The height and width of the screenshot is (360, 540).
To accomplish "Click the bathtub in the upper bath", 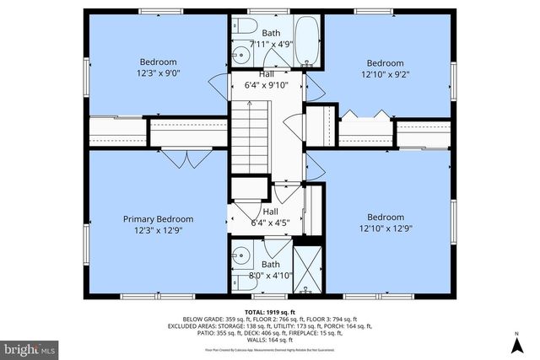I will tap(306, 42).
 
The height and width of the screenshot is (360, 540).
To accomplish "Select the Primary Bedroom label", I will tap(158, 218).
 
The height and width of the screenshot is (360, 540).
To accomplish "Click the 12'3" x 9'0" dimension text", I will tap(158, 73).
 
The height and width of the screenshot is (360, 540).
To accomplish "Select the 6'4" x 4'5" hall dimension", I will tap(271, 223).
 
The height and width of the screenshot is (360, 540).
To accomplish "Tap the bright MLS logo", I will tap(30, 347).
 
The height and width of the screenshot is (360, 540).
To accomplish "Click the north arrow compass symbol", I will tap(516, 343).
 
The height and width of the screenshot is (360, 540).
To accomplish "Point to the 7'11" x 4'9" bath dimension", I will tap(271, 44).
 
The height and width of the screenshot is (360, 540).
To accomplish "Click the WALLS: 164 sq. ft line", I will tap(270, 338).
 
